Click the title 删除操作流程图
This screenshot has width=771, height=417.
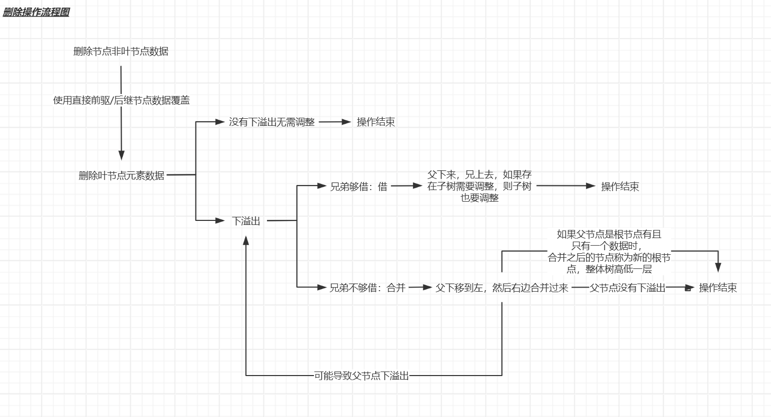(x=36, y=12)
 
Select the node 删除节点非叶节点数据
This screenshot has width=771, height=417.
(x=121, y=52)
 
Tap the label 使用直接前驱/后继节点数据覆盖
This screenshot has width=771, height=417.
(x=121, y=101)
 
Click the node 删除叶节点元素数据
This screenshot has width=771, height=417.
(x=121, y=175)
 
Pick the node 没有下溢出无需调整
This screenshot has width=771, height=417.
(x=272, y=122)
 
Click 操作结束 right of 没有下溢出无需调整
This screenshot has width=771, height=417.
(x=376, y=122)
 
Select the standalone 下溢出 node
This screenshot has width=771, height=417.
(x=246, y=221)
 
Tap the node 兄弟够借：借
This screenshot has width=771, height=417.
(x=358, y=187)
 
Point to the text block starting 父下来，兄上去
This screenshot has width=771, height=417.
(x=479, y=186)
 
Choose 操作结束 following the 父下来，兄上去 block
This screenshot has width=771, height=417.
(x=620, y=187)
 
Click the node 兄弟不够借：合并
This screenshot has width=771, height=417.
(x=368, y=288)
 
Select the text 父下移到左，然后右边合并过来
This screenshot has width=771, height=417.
(x=502, y=288)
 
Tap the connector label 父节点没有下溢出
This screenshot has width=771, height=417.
(x=627, y=288)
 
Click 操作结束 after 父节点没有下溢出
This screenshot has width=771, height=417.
(x=718, y=288)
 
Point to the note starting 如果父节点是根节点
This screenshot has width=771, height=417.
(x=609, y=251)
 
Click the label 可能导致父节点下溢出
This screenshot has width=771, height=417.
(x=361, y=376)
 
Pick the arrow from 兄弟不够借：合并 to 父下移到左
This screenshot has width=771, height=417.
(x=420, y=287)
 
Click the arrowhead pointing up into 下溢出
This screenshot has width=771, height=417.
(x=246, y=241)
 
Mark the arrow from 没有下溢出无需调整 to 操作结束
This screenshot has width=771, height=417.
(x=335, y=122)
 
